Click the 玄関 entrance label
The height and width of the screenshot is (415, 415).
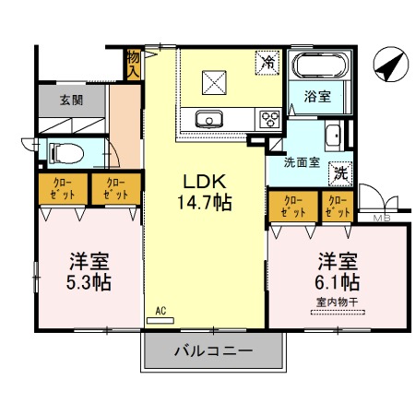pyautogui.click(x=71, y=100)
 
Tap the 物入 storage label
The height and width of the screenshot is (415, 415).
pyautogui.click(x=135, y=64)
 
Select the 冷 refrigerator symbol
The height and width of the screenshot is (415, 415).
pyautogui.click(x=267, y=63)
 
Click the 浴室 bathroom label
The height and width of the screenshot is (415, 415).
pyautogui.click(x=318, y=94)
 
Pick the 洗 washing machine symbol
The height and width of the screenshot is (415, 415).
pyautogui.click(x=339, y=172)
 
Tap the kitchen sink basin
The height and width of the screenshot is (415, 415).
pyautogui.click(x=209, y=118)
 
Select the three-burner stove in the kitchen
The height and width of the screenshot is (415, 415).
pyautogui.click(x=270, y=118)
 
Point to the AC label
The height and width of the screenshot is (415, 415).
pyautogui.click(x=160, y=312)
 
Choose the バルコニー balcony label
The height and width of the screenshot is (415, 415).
pyautogui.click(x=213, y=351)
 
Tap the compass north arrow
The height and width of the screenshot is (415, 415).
pyautogui.click(x=389, y=65)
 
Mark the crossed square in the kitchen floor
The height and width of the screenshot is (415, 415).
pyautogui.click(x=214, y=83)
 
